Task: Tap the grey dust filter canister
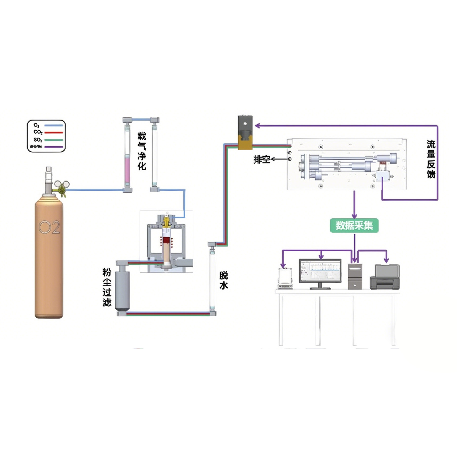tap(122, 291)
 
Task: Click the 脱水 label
tap(224, 280)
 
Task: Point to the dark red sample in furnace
tap(167, 240)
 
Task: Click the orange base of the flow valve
tap(245, 144)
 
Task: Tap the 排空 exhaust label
tap(262, 160)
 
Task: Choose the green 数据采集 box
tap(354, 225)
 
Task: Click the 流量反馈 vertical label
tap(431, 159)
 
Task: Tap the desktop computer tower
tap(355, 276)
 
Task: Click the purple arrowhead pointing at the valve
tap(257, 126)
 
